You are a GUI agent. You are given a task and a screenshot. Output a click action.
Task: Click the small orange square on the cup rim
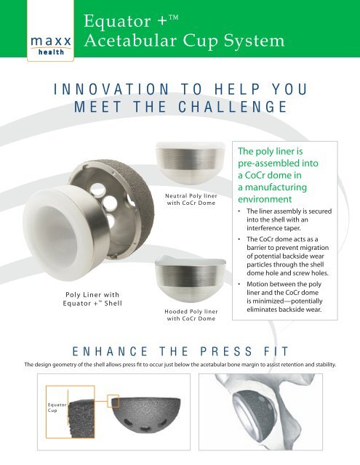[x=113, y=402]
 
